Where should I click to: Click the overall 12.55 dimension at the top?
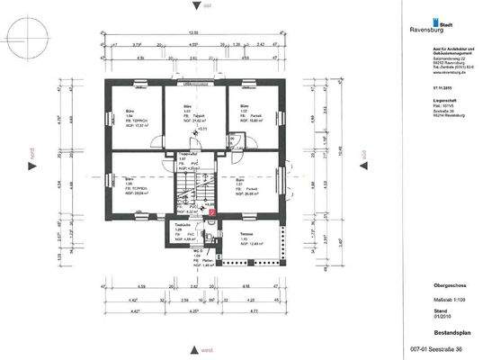tap(192, 32)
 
